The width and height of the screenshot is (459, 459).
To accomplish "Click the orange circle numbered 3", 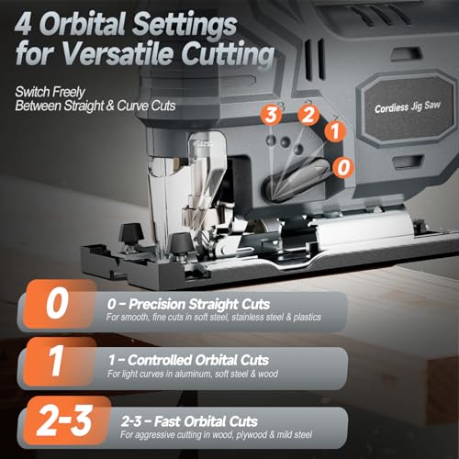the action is pos(271,115).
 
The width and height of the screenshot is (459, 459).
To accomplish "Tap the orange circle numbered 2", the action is pos(308,115).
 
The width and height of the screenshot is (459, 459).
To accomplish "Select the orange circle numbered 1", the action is pos(335,131).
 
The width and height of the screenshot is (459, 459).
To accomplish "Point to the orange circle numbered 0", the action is pos(343,167).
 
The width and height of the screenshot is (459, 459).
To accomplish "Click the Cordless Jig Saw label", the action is pos(408,106).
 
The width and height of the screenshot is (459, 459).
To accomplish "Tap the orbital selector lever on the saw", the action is pos(297,180).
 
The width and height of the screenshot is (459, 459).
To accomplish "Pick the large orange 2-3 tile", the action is pos(67,420).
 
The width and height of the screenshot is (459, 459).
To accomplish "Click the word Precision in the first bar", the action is pos(157,305).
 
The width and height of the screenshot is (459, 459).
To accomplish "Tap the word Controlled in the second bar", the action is pos(160,360).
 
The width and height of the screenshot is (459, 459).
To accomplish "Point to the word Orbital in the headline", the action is pos(84,24).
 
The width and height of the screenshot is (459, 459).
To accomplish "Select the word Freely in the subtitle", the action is pos(68,92).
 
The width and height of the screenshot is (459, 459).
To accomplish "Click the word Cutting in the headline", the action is pos(228,54).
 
